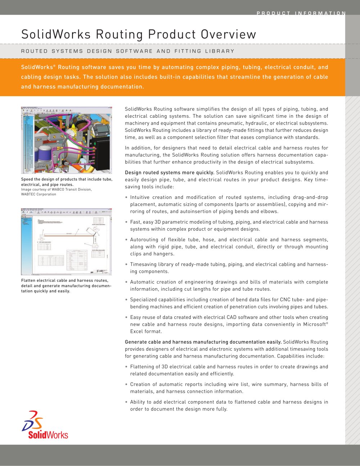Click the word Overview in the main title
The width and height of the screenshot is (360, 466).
tap(229, 35)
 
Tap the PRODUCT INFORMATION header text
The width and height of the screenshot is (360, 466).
tap(301, 13)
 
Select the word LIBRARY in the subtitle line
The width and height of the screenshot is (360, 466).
tap(220, 51)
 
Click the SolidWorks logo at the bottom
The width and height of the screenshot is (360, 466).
tap(45, 425)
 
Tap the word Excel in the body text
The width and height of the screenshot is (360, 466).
tap(137, 332)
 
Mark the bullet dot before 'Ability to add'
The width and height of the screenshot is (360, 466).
tap(126, 402)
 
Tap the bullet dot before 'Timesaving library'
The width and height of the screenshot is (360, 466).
tap(126, 265)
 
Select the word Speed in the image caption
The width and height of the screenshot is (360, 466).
tap(27, 179)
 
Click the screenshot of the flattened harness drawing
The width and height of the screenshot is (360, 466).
tap(67, 241)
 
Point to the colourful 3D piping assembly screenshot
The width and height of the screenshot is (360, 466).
tap(67, 140)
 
